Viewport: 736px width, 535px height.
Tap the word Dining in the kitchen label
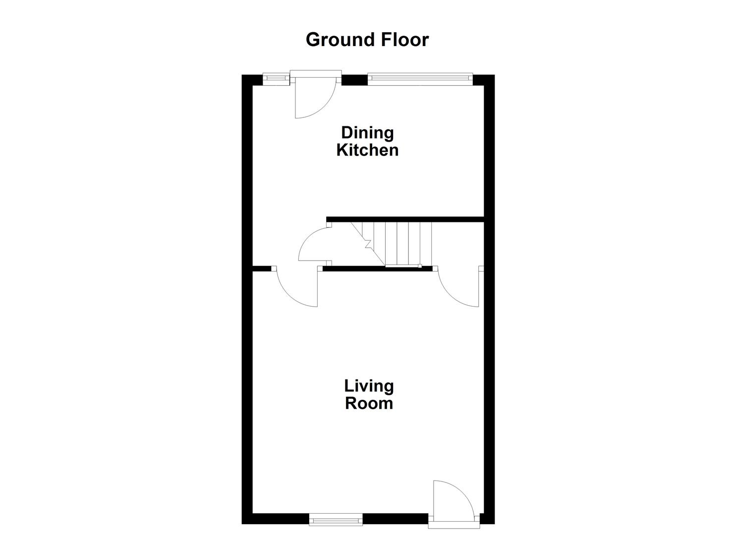(367, 133)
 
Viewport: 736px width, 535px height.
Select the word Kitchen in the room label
(367, 150)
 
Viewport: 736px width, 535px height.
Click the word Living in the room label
(369, 385)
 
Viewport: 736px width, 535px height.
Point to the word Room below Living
(369, 403)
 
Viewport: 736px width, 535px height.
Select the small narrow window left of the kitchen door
(275, 78)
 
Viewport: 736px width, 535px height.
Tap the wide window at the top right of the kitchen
(419, 77)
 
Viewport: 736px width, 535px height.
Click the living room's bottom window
(336, 520)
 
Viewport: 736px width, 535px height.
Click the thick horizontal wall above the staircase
(404, 219)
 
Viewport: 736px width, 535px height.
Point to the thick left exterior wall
(247, 297)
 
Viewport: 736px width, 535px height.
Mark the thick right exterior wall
(489, 297)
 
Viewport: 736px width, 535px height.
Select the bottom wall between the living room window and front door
(395, 519)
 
